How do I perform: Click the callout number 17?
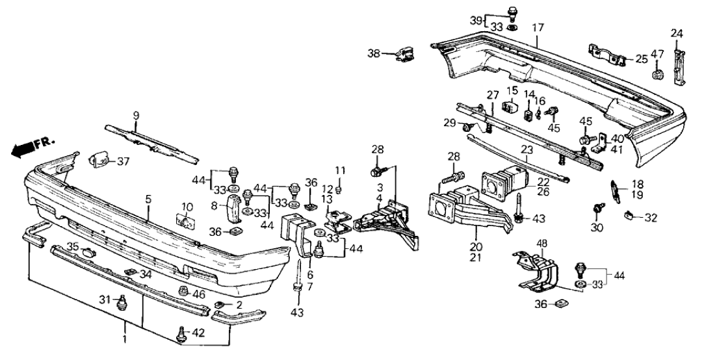537,29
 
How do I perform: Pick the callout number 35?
73,246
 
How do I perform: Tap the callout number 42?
198,333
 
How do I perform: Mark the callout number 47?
657,54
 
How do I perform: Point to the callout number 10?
187,207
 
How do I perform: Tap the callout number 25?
642,60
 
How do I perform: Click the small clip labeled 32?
629,216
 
